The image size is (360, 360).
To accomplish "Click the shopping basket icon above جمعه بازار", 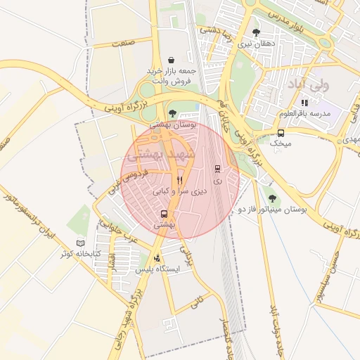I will (172, 60).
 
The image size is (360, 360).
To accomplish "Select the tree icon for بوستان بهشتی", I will (173, 112).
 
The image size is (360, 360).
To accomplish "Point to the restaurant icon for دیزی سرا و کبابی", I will (179, 180).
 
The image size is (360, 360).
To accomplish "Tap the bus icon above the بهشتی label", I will (164, 214).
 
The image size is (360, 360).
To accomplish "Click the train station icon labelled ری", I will (217, 169).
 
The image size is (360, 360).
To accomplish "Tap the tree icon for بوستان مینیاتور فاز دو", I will (271, 198).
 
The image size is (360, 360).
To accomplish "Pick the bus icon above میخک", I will (281, 133).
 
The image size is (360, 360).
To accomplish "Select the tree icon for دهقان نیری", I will (255, 32).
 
